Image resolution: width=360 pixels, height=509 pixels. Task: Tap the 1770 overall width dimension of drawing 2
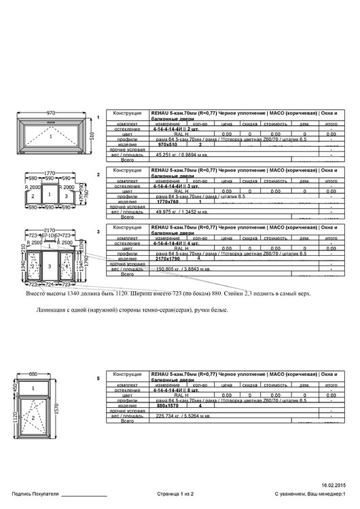(50, 174)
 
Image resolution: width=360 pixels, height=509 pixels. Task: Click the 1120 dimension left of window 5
(15, 421)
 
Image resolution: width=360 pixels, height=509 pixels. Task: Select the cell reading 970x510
(166, 145)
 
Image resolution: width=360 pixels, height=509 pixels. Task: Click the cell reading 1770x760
(167, 202)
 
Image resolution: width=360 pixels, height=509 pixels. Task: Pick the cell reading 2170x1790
(168, 259)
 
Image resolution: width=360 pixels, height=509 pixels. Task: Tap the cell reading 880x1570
(166, 406)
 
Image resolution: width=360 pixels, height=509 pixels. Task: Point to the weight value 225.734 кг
(168, 416)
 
